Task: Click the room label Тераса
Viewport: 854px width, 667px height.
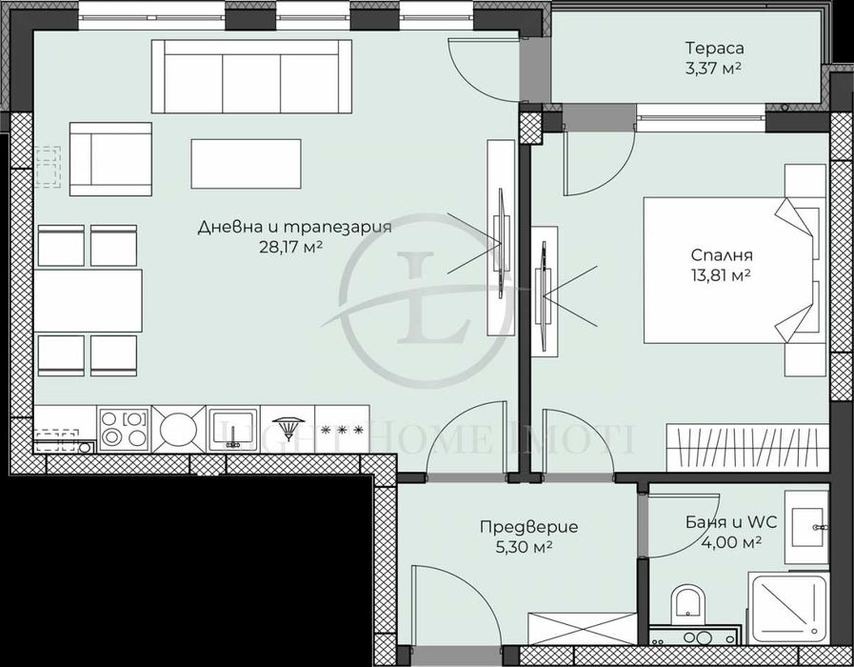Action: (714, 48)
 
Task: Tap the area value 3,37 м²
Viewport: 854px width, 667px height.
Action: (714, 68)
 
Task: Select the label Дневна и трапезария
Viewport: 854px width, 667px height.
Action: (295, 227)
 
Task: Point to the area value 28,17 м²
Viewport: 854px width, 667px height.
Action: (295, 247)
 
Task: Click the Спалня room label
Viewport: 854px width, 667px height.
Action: (722, 255)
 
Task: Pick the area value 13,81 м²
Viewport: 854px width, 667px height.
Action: (722, 274)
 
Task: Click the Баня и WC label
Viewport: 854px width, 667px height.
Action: (723, 522)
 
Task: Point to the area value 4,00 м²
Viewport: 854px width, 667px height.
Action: (723, 542)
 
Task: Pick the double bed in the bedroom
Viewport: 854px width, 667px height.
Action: (728, 270)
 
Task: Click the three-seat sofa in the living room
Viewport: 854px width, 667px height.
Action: (251, 76)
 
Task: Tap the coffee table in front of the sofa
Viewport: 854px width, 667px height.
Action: (246, 164)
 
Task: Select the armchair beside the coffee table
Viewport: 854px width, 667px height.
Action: (109, 158)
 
